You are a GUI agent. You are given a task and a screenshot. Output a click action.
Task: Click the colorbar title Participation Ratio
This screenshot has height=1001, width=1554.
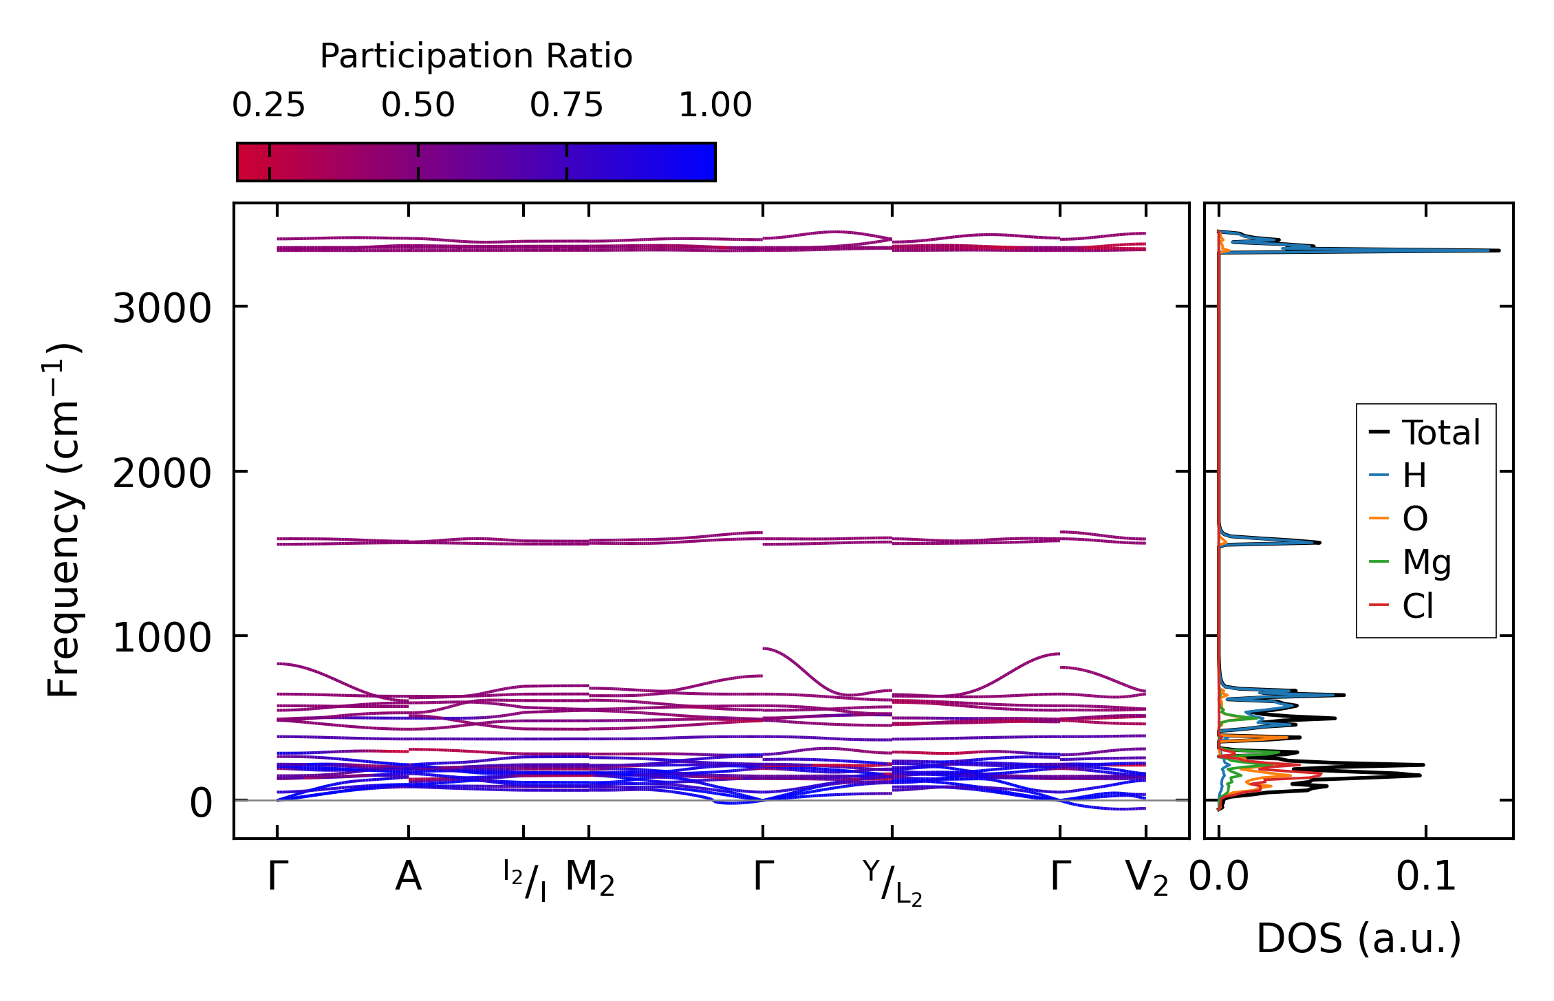tap(476, 56)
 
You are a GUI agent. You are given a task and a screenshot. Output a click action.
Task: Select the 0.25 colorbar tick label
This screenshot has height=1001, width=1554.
tap(268, 106)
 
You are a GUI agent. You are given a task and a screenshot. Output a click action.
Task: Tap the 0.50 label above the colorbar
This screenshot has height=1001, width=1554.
tap(418, 106)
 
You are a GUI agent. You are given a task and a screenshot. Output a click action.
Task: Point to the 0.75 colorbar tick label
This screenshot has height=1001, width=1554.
tap(566, 106)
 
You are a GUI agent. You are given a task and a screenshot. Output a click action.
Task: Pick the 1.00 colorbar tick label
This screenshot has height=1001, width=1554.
tap(715, 106)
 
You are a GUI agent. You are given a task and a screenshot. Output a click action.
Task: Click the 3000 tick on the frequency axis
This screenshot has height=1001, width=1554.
tap(162, 308)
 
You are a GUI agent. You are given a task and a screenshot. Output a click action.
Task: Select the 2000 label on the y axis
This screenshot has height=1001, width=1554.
tap(162, 473)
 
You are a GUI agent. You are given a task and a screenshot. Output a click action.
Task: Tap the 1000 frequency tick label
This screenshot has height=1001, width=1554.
tap(162, 638)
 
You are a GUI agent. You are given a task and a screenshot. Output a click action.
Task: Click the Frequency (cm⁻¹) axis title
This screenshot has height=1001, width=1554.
tap(63, 520)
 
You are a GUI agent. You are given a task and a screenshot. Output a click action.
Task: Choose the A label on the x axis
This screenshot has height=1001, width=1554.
tap(408, 878)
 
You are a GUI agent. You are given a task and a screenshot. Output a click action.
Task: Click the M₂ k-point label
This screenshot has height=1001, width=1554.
tap(590, 879)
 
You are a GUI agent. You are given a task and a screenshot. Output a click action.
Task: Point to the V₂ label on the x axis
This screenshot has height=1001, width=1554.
tap(1146, 879)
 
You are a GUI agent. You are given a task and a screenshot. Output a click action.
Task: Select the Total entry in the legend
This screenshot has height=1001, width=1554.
tap(1440, 433)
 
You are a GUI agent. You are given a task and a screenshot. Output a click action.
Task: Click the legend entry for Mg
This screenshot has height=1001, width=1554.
tap(1427, 562)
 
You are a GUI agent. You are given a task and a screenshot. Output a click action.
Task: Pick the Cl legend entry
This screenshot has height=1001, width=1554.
tap(1418, 606)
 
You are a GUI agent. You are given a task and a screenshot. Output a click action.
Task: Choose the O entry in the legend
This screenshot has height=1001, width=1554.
tap(1415, 519)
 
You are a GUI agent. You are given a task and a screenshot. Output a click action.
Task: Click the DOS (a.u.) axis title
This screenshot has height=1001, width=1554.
tap(1359, 939)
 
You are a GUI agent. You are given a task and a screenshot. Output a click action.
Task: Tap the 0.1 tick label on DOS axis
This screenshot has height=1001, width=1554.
tap(1426, 878)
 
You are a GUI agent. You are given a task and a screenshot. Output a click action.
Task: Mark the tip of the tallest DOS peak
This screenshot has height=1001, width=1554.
tap(1499, 250)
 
